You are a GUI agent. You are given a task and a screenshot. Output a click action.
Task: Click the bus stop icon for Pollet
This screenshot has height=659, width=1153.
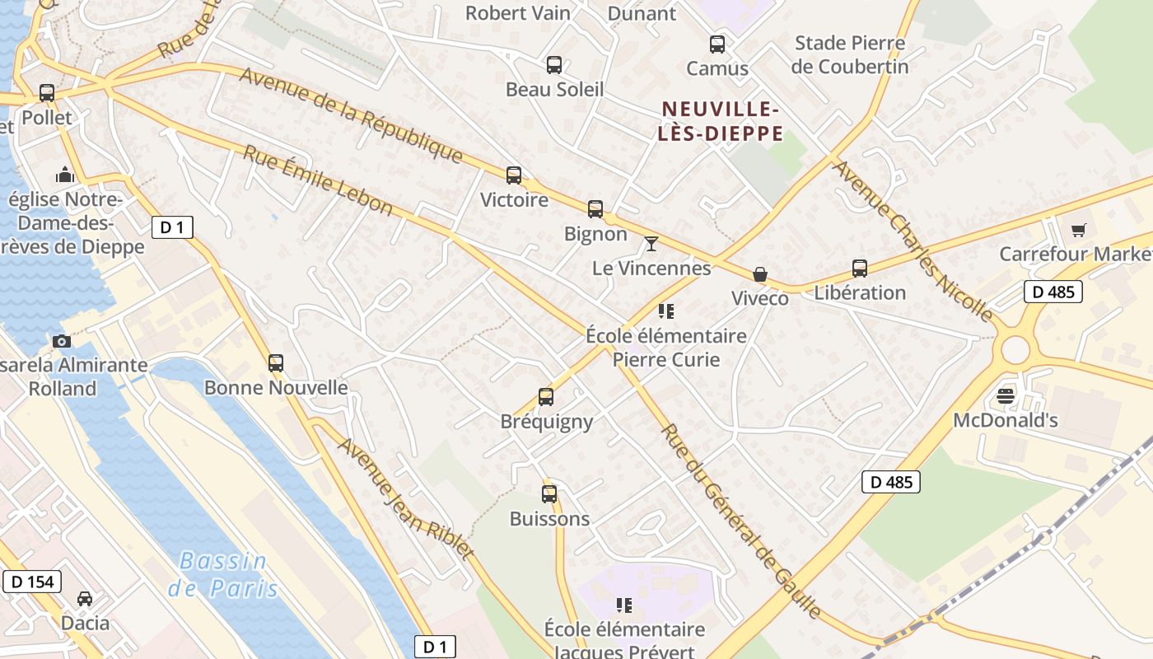pos(47,93)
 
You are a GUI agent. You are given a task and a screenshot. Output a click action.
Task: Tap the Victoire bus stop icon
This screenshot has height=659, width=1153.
pos(514,175)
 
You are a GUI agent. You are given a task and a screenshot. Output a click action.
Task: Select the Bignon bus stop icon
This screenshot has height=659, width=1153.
pos(595,209)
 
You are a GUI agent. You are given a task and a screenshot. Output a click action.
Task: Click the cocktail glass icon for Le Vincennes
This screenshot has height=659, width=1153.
pos(651,243)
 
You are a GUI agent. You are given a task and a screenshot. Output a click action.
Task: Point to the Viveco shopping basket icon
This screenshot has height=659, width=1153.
pos(759,274)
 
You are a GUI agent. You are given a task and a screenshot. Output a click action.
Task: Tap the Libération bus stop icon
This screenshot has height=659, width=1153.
pos(860,268)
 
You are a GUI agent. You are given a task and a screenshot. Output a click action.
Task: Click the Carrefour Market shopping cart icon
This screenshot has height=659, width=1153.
pos(1078,230)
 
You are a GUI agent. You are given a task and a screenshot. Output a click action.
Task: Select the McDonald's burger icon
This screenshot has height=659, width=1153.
pos(1005,396)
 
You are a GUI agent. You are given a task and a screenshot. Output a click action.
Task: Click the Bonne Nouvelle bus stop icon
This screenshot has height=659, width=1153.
pos(276,362)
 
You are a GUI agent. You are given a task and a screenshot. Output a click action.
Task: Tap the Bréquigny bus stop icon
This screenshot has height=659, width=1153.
pos(546,397)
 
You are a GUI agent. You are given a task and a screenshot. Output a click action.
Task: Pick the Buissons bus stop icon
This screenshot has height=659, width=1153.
pos(549,494)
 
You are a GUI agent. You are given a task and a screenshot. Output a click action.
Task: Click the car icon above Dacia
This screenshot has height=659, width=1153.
pos(85,598)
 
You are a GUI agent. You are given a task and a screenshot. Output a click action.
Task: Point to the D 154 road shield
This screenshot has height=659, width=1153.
pos(33,582)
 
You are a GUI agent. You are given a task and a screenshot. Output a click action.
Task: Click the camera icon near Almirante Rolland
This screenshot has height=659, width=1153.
pos(61,341)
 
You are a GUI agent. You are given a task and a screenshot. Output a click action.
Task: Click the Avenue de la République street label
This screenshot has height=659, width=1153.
pos(352,115)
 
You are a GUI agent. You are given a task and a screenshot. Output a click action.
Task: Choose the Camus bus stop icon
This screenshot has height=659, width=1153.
pos(717,44)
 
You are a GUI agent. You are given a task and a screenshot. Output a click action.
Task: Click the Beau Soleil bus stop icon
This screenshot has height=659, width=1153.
pos(554,65)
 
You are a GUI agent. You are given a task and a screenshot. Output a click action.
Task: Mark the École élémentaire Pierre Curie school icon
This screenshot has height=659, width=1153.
pos(666,311)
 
